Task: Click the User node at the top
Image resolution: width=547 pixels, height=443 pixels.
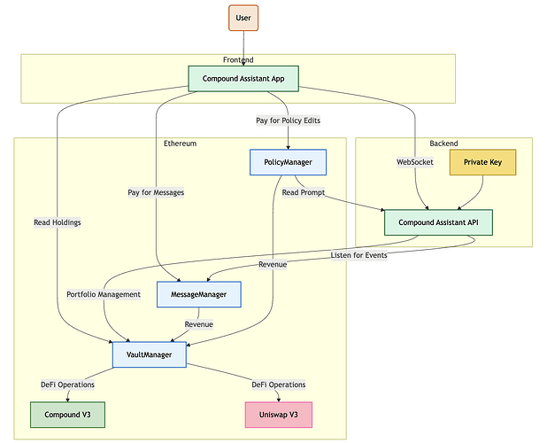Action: (x=243, y=18)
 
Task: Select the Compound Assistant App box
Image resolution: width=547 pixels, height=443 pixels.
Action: (x=243, y=79)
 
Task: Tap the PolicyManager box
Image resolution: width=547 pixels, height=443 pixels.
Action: (x=288, y=162)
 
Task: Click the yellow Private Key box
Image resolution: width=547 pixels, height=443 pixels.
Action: (x=482, y=162)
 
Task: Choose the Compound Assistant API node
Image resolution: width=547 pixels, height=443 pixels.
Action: (x=438, y=221)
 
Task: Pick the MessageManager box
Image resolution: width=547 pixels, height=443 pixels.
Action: (x=199, y=294)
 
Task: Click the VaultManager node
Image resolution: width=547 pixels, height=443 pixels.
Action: (x=149, y=354)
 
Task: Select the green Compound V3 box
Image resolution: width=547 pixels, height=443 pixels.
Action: (x=67, y=415)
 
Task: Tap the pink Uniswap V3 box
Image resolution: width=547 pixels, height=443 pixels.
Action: (x=278, y=415)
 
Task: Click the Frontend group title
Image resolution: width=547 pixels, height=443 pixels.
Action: (x=238, y=59)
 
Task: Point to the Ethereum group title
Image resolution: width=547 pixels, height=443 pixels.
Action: (x=180, y=143)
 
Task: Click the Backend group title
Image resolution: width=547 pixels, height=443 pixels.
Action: (x=443, y=143)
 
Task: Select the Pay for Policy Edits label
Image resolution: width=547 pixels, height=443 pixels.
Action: (x=289, y=120)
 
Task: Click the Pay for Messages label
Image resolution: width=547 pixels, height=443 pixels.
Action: (x=156, y=191)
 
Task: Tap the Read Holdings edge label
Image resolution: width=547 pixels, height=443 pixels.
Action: (x=58, y=222)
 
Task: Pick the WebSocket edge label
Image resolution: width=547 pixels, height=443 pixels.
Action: (x=414, y=162)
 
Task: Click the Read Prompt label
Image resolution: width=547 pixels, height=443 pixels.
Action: (x=303, y=191)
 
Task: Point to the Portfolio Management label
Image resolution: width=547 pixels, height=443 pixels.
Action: (x=104, y=294)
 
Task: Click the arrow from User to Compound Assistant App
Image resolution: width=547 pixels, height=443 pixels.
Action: (x=243, y=48)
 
